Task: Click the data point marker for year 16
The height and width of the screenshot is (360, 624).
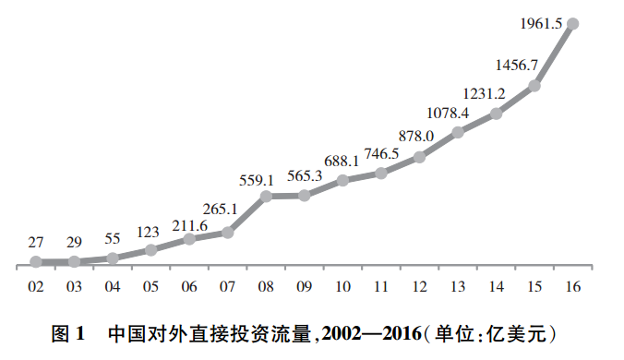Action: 572,23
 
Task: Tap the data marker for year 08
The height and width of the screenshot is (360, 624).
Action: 266,196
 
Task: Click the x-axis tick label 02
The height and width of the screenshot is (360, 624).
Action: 36,287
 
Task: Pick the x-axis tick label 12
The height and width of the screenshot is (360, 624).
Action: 419,287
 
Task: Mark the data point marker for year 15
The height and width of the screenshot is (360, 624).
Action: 534,86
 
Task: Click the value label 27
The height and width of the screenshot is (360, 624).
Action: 36,243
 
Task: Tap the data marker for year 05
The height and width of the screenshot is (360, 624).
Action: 151,249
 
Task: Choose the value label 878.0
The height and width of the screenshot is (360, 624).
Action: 415,136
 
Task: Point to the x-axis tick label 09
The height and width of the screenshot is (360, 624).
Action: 305,287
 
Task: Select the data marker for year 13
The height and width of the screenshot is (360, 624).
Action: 458,133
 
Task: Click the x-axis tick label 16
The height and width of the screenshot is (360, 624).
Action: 572,287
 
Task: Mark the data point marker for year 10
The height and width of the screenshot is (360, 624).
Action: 342,180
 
